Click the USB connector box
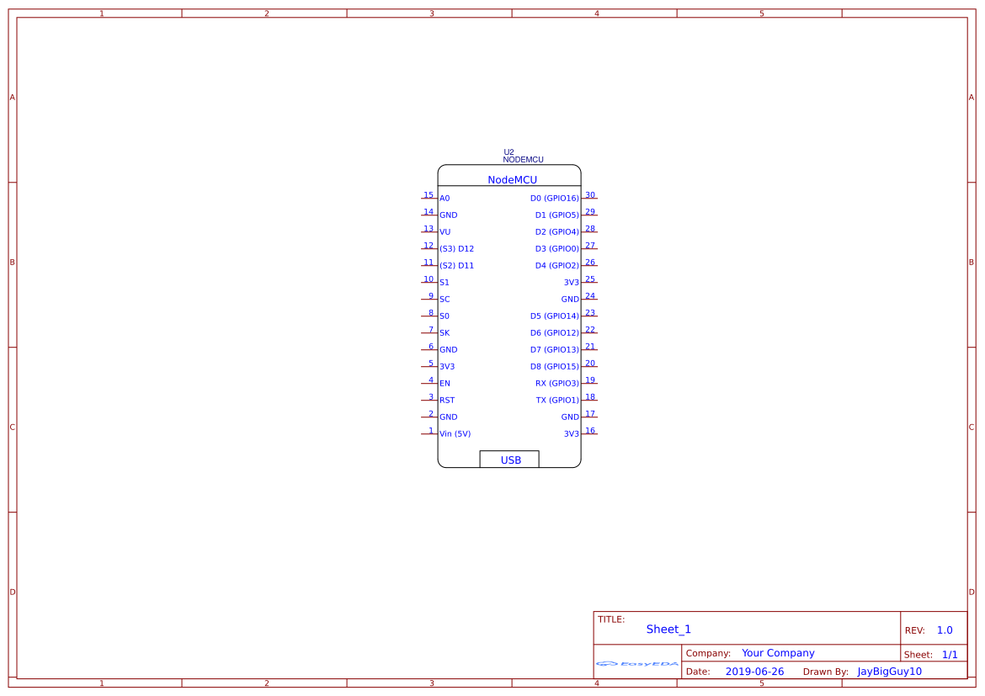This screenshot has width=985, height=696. [509, 460]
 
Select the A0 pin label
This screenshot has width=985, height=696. [445, 199]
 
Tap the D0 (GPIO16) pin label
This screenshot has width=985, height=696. [554, 199]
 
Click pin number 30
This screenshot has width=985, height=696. [590, 195]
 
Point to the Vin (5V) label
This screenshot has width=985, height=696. [455, 434]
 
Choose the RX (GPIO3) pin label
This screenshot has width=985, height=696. [556, 384]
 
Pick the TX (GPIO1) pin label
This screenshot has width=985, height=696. [557, 401]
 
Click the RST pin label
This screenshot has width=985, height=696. [447, 401]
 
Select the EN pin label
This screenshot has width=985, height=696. [445, 384]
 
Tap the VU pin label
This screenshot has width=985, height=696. [445, 232]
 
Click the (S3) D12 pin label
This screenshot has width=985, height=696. [456, 249]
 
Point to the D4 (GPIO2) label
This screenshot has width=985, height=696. [556, 266]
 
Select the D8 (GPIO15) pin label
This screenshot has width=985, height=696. [554, 367]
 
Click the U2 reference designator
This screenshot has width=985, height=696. [508, 152]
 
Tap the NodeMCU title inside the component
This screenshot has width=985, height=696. [512, 180]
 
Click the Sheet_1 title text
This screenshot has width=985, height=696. [668, 630]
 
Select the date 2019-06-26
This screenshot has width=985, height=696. [754, 672]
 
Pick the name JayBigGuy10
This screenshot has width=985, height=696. [889, 672]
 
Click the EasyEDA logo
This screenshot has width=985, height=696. [636, 663]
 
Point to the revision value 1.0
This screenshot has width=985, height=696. [945, 630]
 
